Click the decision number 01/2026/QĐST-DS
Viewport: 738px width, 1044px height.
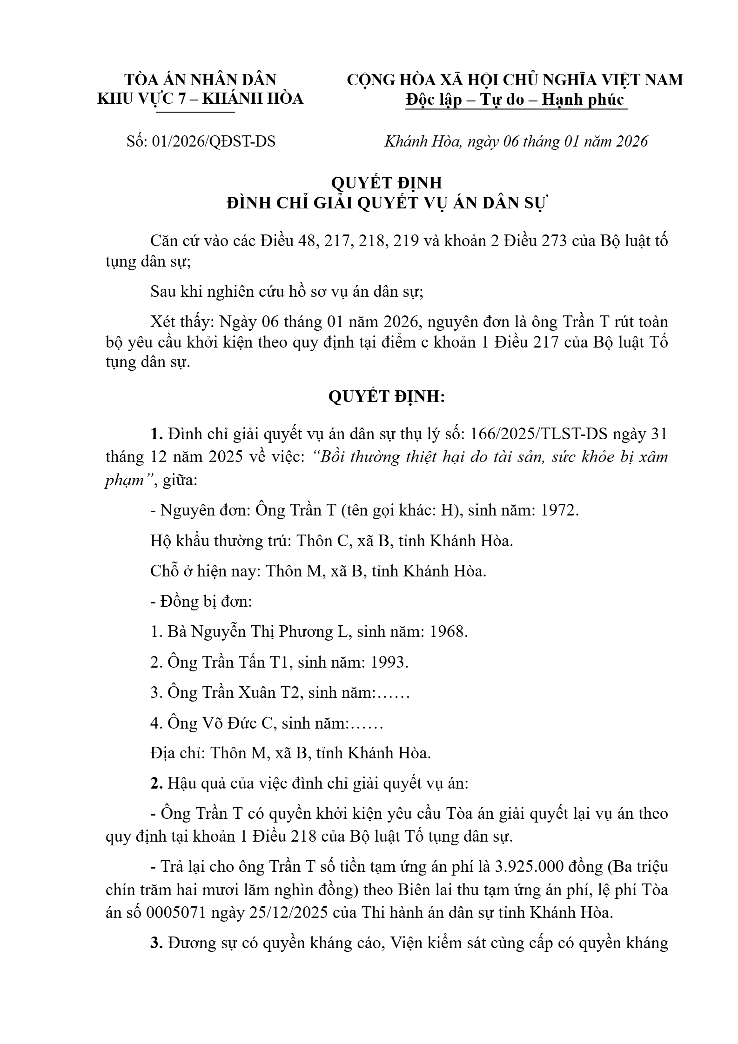point(214,141)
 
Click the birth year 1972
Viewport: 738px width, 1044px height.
point(559,510)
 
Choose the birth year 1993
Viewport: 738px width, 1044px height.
point(389,662)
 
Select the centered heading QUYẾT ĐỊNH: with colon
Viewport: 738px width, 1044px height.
point(387,397)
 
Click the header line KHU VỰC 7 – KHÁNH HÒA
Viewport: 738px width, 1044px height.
point(200,99)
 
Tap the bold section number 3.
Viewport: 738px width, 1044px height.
point(155,943)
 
